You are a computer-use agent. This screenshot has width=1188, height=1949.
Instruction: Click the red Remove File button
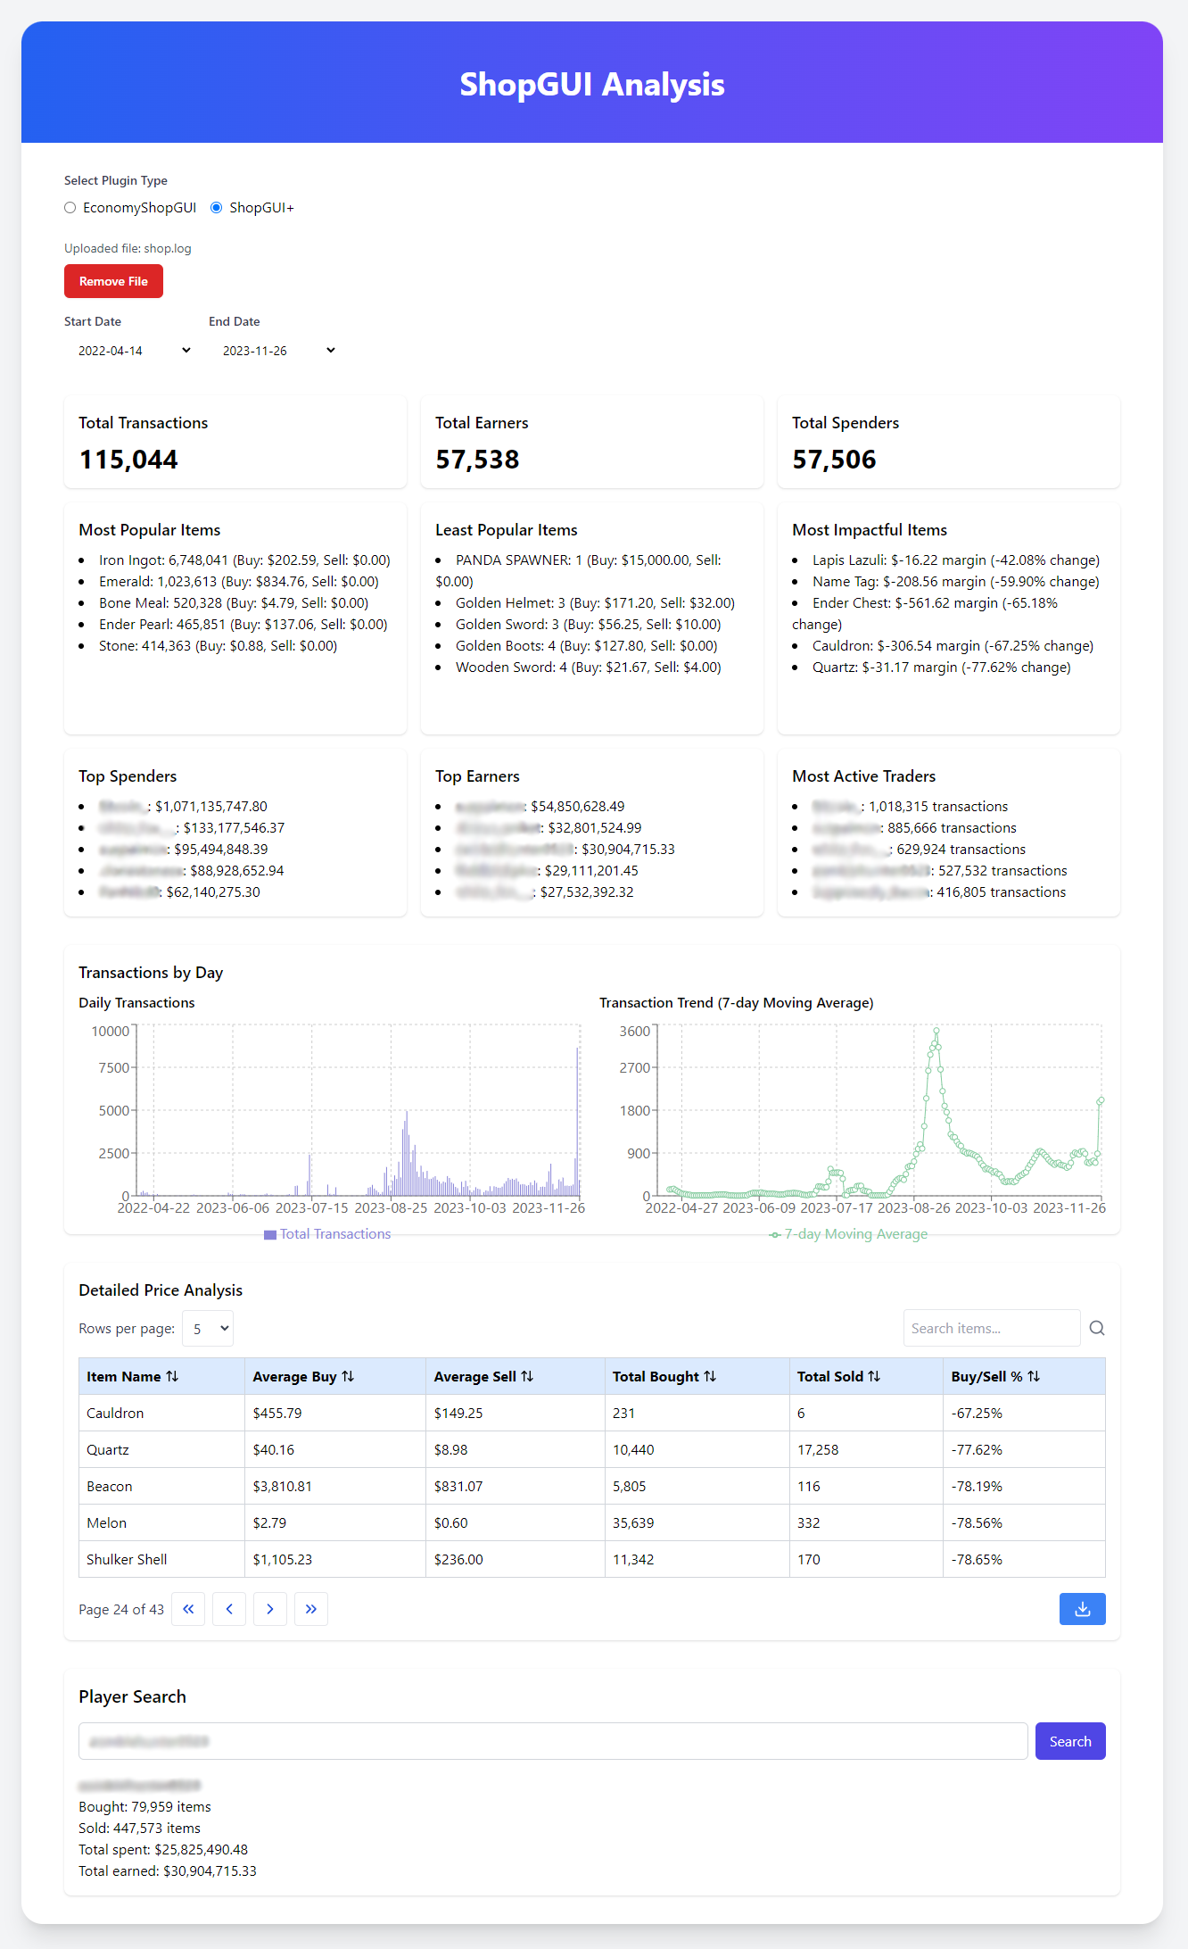coord(113,281)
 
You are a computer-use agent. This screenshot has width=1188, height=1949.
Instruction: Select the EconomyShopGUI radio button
coord(70,208)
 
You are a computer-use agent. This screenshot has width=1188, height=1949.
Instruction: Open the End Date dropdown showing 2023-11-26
coord(278,351)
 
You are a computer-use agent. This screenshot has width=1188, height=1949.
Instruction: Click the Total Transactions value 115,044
coord(128,460)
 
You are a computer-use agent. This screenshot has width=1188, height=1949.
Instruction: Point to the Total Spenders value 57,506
coord(834,460)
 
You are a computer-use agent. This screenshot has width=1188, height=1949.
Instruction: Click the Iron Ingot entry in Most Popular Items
coord(243,560)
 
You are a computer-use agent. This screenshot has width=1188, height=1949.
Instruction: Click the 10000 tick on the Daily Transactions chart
coord(111,1032)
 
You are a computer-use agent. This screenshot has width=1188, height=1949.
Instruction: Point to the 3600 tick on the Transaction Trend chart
coord(635,1032)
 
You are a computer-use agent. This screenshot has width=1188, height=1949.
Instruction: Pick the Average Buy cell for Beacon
coord(283,1487)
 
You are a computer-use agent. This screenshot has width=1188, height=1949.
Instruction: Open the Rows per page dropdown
coord(208,1329)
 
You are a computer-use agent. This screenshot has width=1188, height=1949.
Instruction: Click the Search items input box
coord(990,1329)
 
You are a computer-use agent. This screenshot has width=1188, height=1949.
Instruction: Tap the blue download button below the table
coord(1082,1609)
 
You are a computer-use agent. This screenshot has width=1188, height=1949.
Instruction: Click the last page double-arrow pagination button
coord(311,1609)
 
